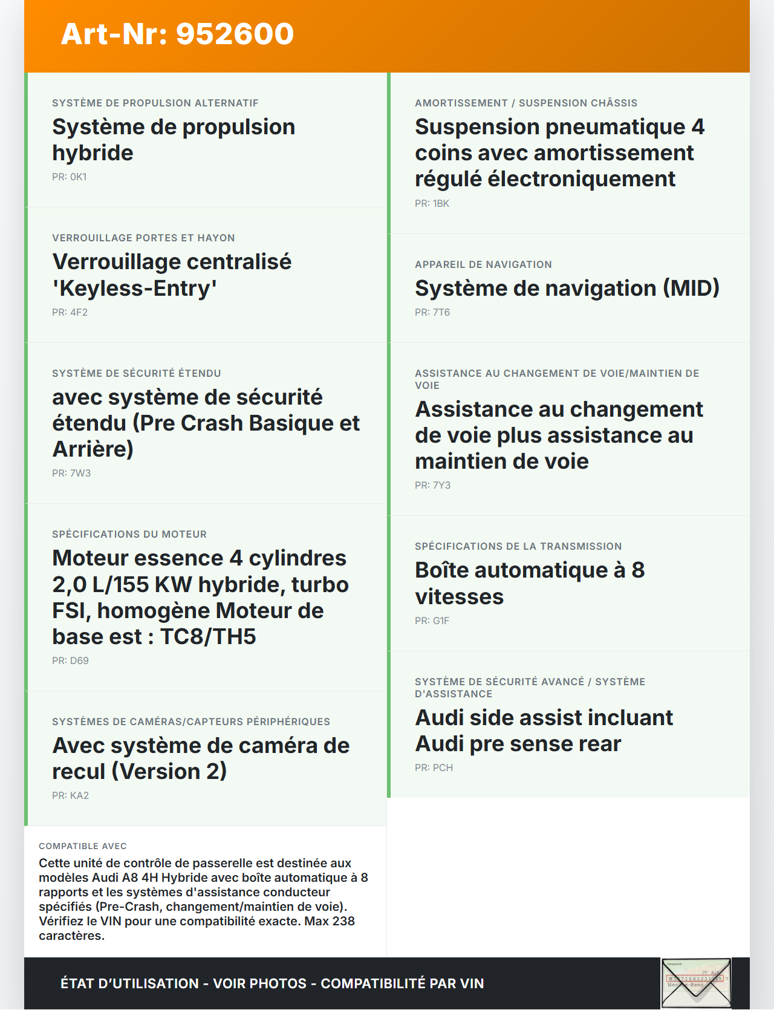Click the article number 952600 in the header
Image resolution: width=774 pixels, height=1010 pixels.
(235, 34)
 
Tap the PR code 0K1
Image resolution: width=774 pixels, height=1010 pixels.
(78, 177)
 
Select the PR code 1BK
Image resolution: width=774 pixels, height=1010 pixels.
(441, 204)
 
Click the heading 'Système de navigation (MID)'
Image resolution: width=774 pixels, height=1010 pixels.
(567, 288)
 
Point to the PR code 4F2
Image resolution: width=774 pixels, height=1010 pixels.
(79, 313)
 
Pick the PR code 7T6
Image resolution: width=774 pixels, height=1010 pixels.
(441, 313)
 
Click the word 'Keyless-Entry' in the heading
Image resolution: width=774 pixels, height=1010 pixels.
(134, 288)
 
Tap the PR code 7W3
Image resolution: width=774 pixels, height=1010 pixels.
(80, 474)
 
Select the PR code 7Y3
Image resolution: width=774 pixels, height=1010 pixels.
(441, 486)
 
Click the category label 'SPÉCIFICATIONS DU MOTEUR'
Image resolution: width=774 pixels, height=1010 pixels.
(129, 535)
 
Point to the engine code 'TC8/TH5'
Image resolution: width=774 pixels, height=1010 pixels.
(208, 637)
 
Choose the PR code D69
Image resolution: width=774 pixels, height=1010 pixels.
(79, 661)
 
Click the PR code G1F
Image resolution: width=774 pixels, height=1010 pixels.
(441, 621)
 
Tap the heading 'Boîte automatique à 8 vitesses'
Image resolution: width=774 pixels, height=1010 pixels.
(529, 584)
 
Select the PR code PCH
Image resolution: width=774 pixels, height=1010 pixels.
(443, 768)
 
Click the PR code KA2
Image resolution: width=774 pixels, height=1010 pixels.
(79, 796)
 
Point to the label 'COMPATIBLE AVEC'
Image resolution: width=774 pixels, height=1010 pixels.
(83, 846)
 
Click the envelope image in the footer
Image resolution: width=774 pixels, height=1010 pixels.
(696, 983)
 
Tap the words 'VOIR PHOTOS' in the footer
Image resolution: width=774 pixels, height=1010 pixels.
(260, 984)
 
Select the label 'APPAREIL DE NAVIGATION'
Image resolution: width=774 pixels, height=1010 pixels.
(483, 265)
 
